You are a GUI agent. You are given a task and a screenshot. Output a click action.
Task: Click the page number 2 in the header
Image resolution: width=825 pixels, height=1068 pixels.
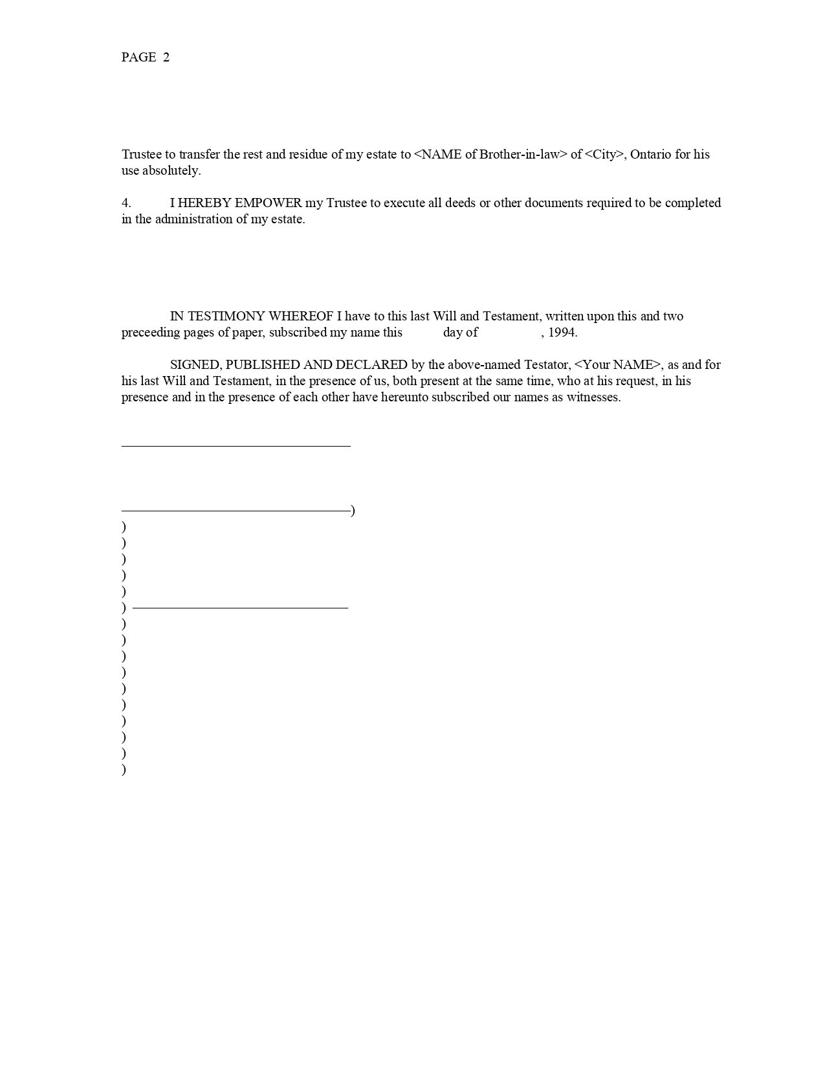coord(166,58)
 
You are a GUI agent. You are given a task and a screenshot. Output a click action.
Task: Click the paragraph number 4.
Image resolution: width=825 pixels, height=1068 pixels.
coord(126,203)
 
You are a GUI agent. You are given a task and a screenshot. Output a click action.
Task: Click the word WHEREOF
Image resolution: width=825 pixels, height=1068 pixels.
coord(301,317)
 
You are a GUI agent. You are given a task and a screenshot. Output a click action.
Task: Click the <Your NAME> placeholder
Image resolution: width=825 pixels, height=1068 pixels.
coord(618,365)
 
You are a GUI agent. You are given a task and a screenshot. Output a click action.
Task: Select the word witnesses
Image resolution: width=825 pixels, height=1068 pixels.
coord(593,397)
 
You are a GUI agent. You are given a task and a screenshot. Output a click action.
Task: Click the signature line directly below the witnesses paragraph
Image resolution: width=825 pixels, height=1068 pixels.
coord(236,446)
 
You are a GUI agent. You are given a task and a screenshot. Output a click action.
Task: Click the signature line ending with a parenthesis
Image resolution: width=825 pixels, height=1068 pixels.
coord(236,511)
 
